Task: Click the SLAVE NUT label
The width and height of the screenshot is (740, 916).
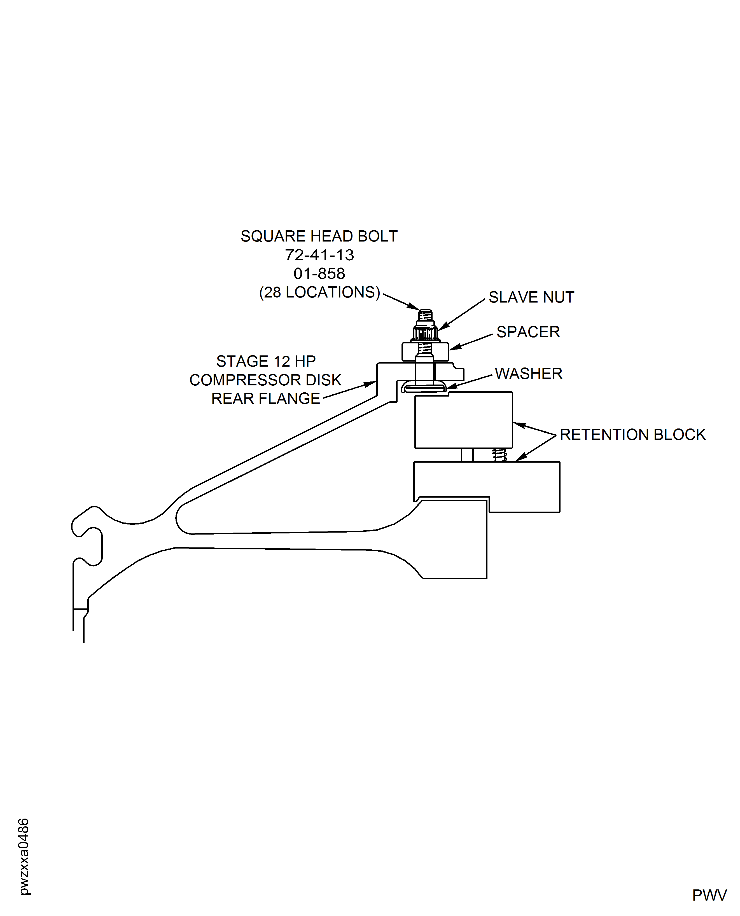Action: point(531,297)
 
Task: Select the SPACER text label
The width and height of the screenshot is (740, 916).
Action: point(528,332)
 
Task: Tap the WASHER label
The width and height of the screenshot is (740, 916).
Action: point(528,373)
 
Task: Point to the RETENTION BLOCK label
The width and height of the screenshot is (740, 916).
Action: point(632,435)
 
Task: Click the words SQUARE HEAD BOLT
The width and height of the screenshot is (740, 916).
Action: point(319,236)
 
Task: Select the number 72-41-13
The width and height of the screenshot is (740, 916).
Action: point(319,255)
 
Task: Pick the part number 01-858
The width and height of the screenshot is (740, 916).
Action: point(319,273)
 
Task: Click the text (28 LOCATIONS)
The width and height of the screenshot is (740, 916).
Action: point(319,292)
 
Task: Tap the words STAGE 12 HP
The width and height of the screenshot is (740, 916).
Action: point(265,361)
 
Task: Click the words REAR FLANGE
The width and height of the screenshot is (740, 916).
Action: point(265,398)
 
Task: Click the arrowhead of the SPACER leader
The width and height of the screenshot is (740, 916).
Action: point(452,348)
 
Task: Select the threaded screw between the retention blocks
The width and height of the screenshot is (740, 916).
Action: point(499,455)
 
